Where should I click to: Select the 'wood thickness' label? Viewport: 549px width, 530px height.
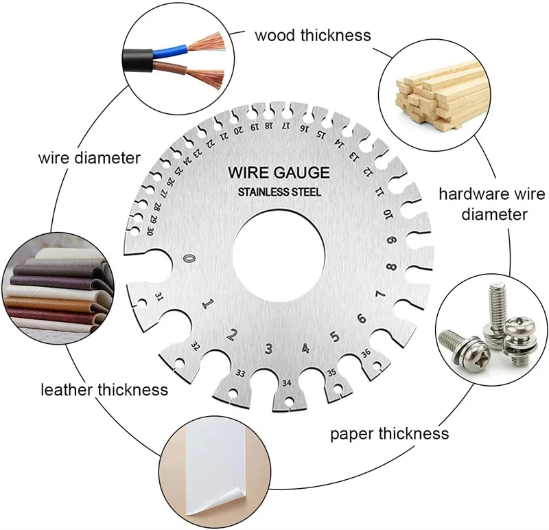(313, 34)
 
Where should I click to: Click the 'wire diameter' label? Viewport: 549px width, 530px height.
(89, 159)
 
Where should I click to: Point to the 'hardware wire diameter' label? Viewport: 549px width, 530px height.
(484, 204)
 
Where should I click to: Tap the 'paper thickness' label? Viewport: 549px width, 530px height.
(390, 434)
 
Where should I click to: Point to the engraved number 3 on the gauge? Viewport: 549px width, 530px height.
(269, 349)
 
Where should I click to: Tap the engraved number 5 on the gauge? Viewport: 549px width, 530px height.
(335, 336)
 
